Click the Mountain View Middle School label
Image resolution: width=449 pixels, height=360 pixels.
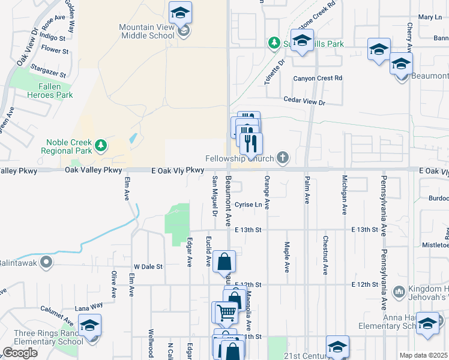coord(146,31)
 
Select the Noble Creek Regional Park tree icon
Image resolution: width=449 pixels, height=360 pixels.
coord(101,145)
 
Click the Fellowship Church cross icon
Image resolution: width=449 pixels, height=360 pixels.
coord(282,158)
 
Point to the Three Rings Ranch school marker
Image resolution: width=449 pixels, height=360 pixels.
coord(89,325)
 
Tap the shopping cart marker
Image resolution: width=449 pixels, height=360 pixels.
coord(226,312)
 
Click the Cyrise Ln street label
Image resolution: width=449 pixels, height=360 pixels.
coord(249,205)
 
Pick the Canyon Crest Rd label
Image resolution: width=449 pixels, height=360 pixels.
coord(317,78)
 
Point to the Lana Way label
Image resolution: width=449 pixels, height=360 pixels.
coord(89,305)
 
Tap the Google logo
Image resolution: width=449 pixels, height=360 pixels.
coord(20,353)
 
